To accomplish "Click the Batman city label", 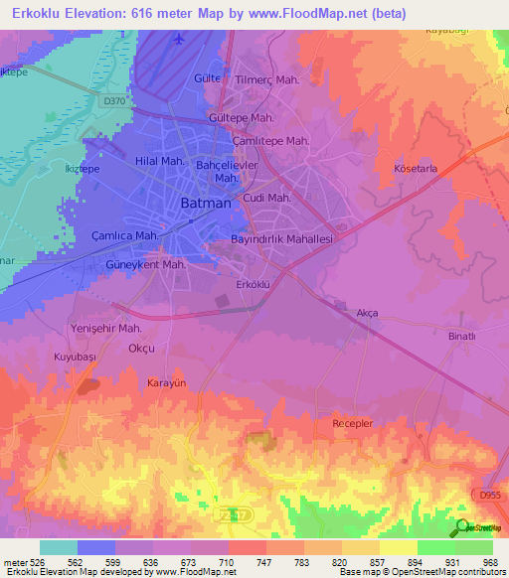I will pos(206,203).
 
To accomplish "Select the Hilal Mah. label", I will pos(159,160).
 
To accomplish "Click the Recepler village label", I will pos(352,423).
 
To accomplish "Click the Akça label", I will pos(367,313).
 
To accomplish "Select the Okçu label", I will pos(143,349).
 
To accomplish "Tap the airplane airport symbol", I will pos(179,39).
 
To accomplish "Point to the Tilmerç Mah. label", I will pos(267,79).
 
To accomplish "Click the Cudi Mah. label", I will pos(266,198).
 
